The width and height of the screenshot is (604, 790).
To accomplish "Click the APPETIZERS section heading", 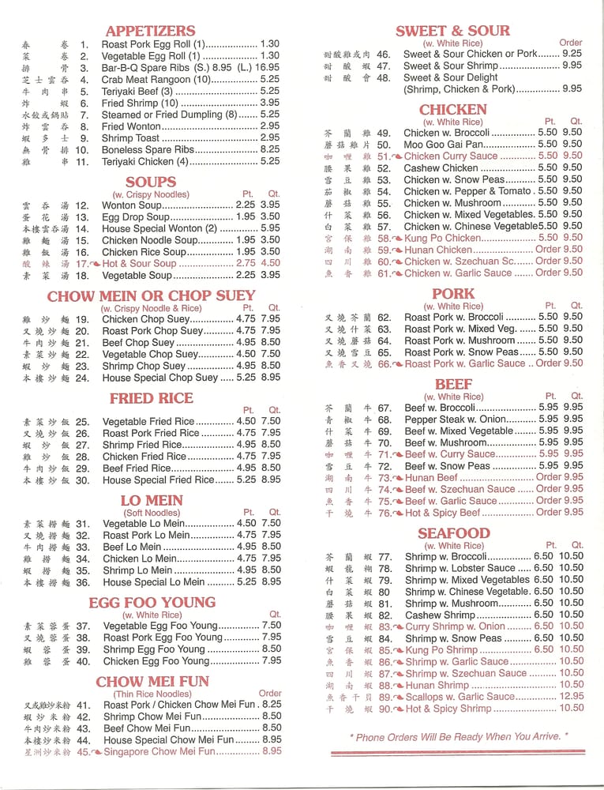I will tap(150, 31).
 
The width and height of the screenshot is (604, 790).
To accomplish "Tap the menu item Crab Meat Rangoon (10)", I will tap(156, 79).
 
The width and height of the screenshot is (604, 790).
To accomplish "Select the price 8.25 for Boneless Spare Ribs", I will tap(269, 149).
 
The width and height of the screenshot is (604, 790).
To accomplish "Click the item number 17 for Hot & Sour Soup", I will tap(82, 264).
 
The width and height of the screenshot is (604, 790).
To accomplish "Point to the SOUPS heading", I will tap(150, 182).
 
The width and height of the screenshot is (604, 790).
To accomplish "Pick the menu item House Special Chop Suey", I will tap(160, 378).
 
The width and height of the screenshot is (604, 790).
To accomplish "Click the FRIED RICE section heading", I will tap(151, 398).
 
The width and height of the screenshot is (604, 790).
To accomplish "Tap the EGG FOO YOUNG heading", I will tap(152, 603).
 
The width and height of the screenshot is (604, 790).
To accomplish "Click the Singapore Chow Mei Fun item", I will tap(159, 752).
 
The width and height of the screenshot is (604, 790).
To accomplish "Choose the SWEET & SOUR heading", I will tap(452, 31).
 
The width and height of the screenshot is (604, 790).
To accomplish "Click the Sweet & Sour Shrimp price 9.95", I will tap(572, 66).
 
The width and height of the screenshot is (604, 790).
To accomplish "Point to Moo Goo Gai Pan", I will tap(443, 145).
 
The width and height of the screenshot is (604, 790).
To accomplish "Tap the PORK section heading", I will tap(453, 293).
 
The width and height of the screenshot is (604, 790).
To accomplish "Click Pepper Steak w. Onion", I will tap(455, 419).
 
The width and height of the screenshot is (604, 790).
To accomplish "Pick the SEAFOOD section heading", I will tap(453, 533).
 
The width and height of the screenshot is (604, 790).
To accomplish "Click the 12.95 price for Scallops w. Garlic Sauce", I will tap(572, 697).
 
